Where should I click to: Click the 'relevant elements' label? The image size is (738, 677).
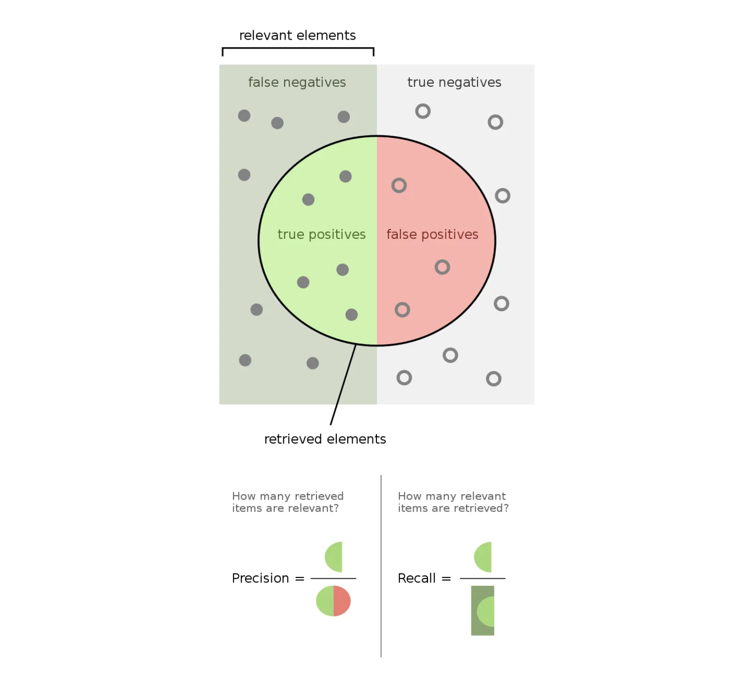coord(297,36)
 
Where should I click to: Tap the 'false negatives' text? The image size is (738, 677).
coord(297,82)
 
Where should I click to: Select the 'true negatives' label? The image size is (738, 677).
coord(454,82)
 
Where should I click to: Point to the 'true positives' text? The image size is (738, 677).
coord(321,234)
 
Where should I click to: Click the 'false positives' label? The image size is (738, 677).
coord(432,234)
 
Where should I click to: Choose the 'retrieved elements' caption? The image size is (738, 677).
coord(325,439)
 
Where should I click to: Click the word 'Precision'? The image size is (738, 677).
coord(260,578)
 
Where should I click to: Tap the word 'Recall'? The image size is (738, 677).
coord(417,578)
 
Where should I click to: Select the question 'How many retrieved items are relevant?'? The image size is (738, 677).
coord(287,502)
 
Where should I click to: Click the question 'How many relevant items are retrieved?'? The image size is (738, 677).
coord(453,502)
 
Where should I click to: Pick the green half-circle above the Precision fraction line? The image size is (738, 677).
coord(335,557)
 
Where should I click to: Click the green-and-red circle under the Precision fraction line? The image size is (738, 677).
coord(333,601)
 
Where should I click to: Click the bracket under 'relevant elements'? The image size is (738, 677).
coord(298,49)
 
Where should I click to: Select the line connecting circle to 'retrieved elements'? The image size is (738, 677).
coord(343,385)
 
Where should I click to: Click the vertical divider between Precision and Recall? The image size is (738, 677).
coord(381,565)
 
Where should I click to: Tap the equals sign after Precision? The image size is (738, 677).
coord(300,578)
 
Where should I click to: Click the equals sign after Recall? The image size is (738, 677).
coord(446,578)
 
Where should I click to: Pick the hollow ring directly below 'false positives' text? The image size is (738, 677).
coord(442,267)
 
